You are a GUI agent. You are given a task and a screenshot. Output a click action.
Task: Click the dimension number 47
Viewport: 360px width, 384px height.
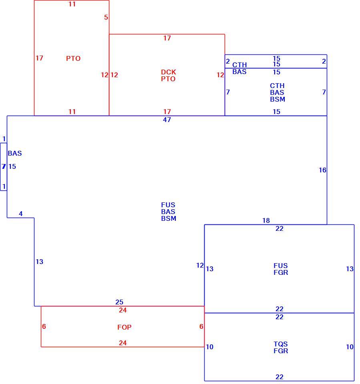[167, 120]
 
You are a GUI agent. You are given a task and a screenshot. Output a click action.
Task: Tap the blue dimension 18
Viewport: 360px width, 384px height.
[266, 220]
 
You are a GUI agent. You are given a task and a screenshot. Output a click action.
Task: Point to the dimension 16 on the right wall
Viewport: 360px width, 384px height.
[322, 170]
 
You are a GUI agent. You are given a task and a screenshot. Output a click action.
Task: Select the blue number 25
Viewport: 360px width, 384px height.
[119, 302]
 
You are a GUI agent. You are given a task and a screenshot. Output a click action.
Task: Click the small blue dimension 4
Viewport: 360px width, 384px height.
[21, 214]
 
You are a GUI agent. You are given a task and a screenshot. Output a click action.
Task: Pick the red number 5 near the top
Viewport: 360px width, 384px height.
[106, 17]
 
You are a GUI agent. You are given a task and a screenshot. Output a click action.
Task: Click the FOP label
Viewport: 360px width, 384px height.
[124, 327]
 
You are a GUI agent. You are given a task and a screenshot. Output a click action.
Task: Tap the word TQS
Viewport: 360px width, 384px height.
[281, 344]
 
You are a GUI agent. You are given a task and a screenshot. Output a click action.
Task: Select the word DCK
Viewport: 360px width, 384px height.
[169, 72]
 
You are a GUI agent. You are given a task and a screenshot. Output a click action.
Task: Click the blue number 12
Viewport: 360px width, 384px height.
[200, 265]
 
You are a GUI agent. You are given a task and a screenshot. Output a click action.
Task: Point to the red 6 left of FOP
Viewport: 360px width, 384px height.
[44, 326]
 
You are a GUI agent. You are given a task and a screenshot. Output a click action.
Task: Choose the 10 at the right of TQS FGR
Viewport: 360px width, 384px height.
[350, 347]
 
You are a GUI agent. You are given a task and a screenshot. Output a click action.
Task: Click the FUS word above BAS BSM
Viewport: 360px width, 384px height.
[168, 205]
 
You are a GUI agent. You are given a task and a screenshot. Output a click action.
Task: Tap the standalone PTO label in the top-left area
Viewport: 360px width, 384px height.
[73, 58]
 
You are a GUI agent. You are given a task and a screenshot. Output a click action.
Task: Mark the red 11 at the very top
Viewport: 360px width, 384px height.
[72, 4]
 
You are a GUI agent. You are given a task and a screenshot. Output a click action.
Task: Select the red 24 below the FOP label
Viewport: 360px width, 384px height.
[123, 343]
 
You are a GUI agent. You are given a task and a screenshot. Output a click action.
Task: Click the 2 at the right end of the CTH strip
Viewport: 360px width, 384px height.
[324, 61]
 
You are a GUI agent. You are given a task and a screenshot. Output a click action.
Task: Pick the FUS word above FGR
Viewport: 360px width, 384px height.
[281, 266]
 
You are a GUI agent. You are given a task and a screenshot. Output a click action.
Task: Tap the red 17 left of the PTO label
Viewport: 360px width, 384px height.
[39, 58]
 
